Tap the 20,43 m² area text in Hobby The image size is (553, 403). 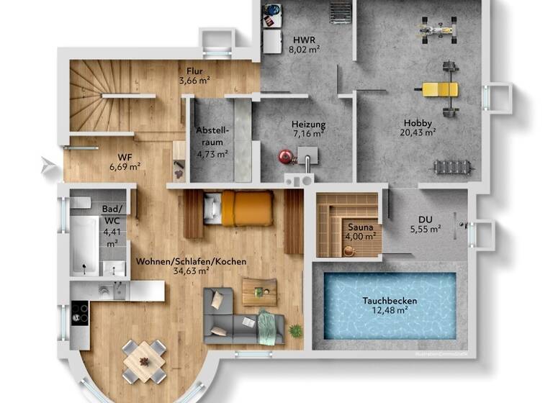418,132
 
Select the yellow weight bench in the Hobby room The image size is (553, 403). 439,89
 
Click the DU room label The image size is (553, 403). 425,220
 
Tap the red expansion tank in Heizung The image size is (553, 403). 286,155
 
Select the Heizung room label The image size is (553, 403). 308,124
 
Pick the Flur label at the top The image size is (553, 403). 194,71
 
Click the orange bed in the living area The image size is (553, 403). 246,207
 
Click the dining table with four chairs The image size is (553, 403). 144,358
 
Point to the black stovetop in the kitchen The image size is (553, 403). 79,313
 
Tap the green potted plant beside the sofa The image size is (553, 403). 295,330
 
